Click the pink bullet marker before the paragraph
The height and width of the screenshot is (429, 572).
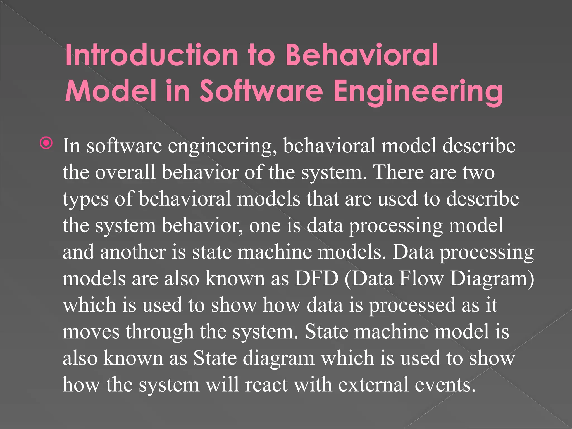[x=46, y=143]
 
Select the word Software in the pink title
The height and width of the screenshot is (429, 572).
[x=261, y=91]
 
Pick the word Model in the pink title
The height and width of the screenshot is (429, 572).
[x=110, y=91]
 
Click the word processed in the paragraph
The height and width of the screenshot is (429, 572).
[x=412, y=306]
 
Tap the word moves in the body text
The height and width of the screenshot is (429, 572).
[x=91, y=332]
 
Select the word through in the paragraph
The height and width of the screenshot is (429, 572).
[x=159, y=332]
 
